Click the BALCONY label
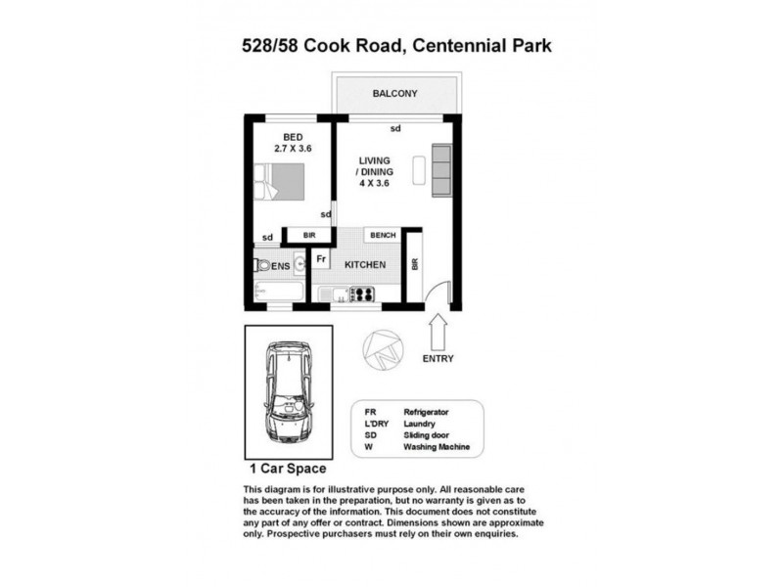click(394, 94)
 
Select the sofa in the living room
click(442, 169)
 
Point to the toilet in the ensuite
click(260, 265)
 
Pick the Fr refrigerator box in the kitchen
click(320, 259)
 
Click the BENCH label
click(382, 236)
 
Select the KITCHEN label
click(364, 265)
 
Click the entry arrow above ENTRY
click(438, 327)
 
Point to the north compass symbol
click(377, 345)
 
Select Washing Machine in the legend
click(437, 447)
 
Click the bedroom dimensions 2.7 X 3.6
click(293, 149)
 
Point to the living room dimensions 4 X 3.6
click(375, 182)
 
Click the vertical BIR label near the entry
click(414, 265)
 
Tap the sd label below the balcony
click(395, 128)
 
